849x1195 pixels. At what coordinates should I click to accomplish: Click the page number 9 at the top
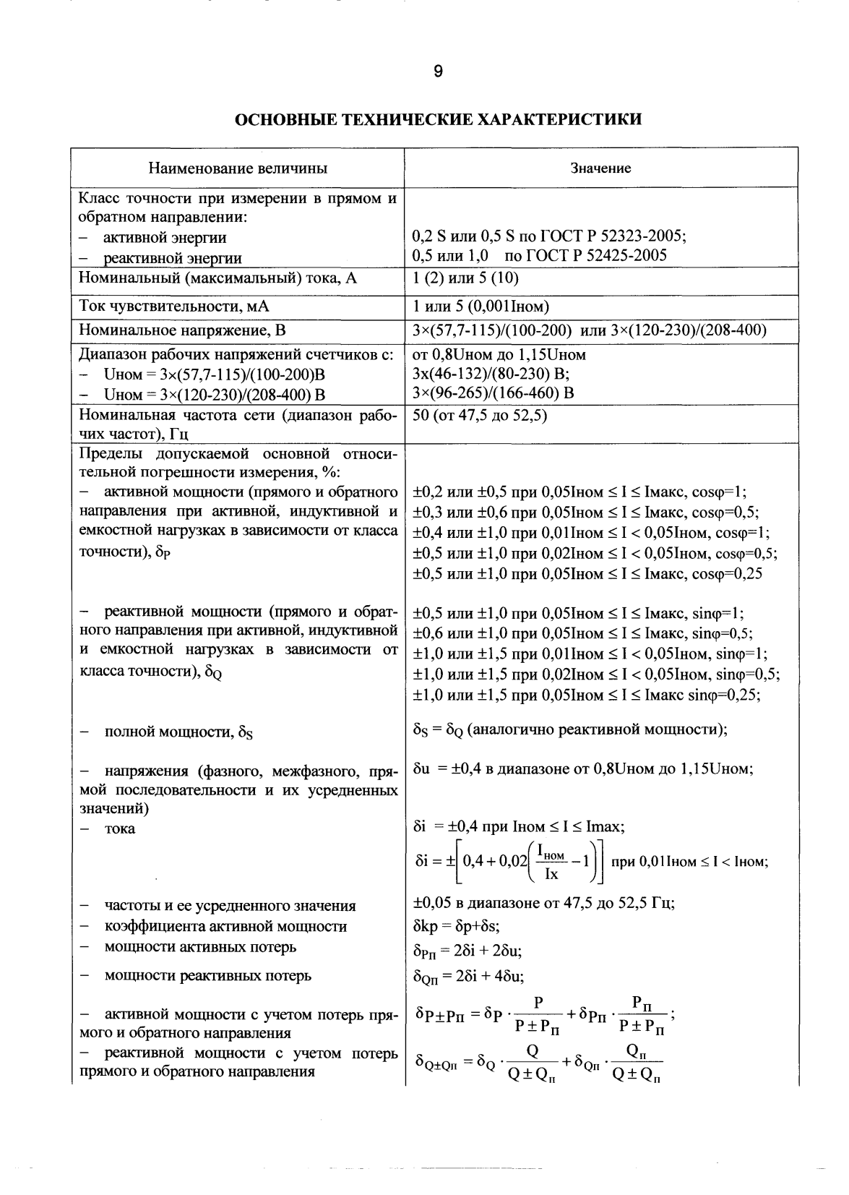(x=437, y=71)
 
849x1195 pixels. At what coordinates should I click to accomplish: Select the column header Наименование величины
(x=238, y=168)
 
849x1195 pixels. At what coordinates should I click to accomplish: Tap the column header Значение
(x=600, y=168)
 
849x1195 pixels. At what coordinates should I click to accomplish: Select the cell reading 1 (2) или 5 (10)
(x=465, y=278)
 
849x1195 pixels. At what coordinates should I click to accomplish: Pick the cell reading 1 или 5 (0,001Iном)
(x=483, y=307)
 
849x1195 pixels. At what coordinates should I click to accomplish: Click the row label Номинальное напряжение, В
(x=182, y=331)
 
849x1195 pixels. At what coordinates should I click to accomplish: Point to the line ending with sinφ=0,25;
(x=589, y=695)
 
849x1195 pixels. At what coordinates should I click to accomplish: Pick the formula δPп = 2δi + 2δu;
(x=467, y=950)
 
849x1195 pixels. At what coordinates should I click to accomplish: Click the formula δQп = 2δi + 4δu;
(x=468, y=977)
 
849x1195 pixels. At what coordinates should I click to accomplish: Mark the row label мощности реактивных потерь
(x=208, y=975)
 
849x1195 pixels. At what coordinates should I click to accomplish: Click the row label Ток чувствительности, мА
(x=173, y=307)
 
